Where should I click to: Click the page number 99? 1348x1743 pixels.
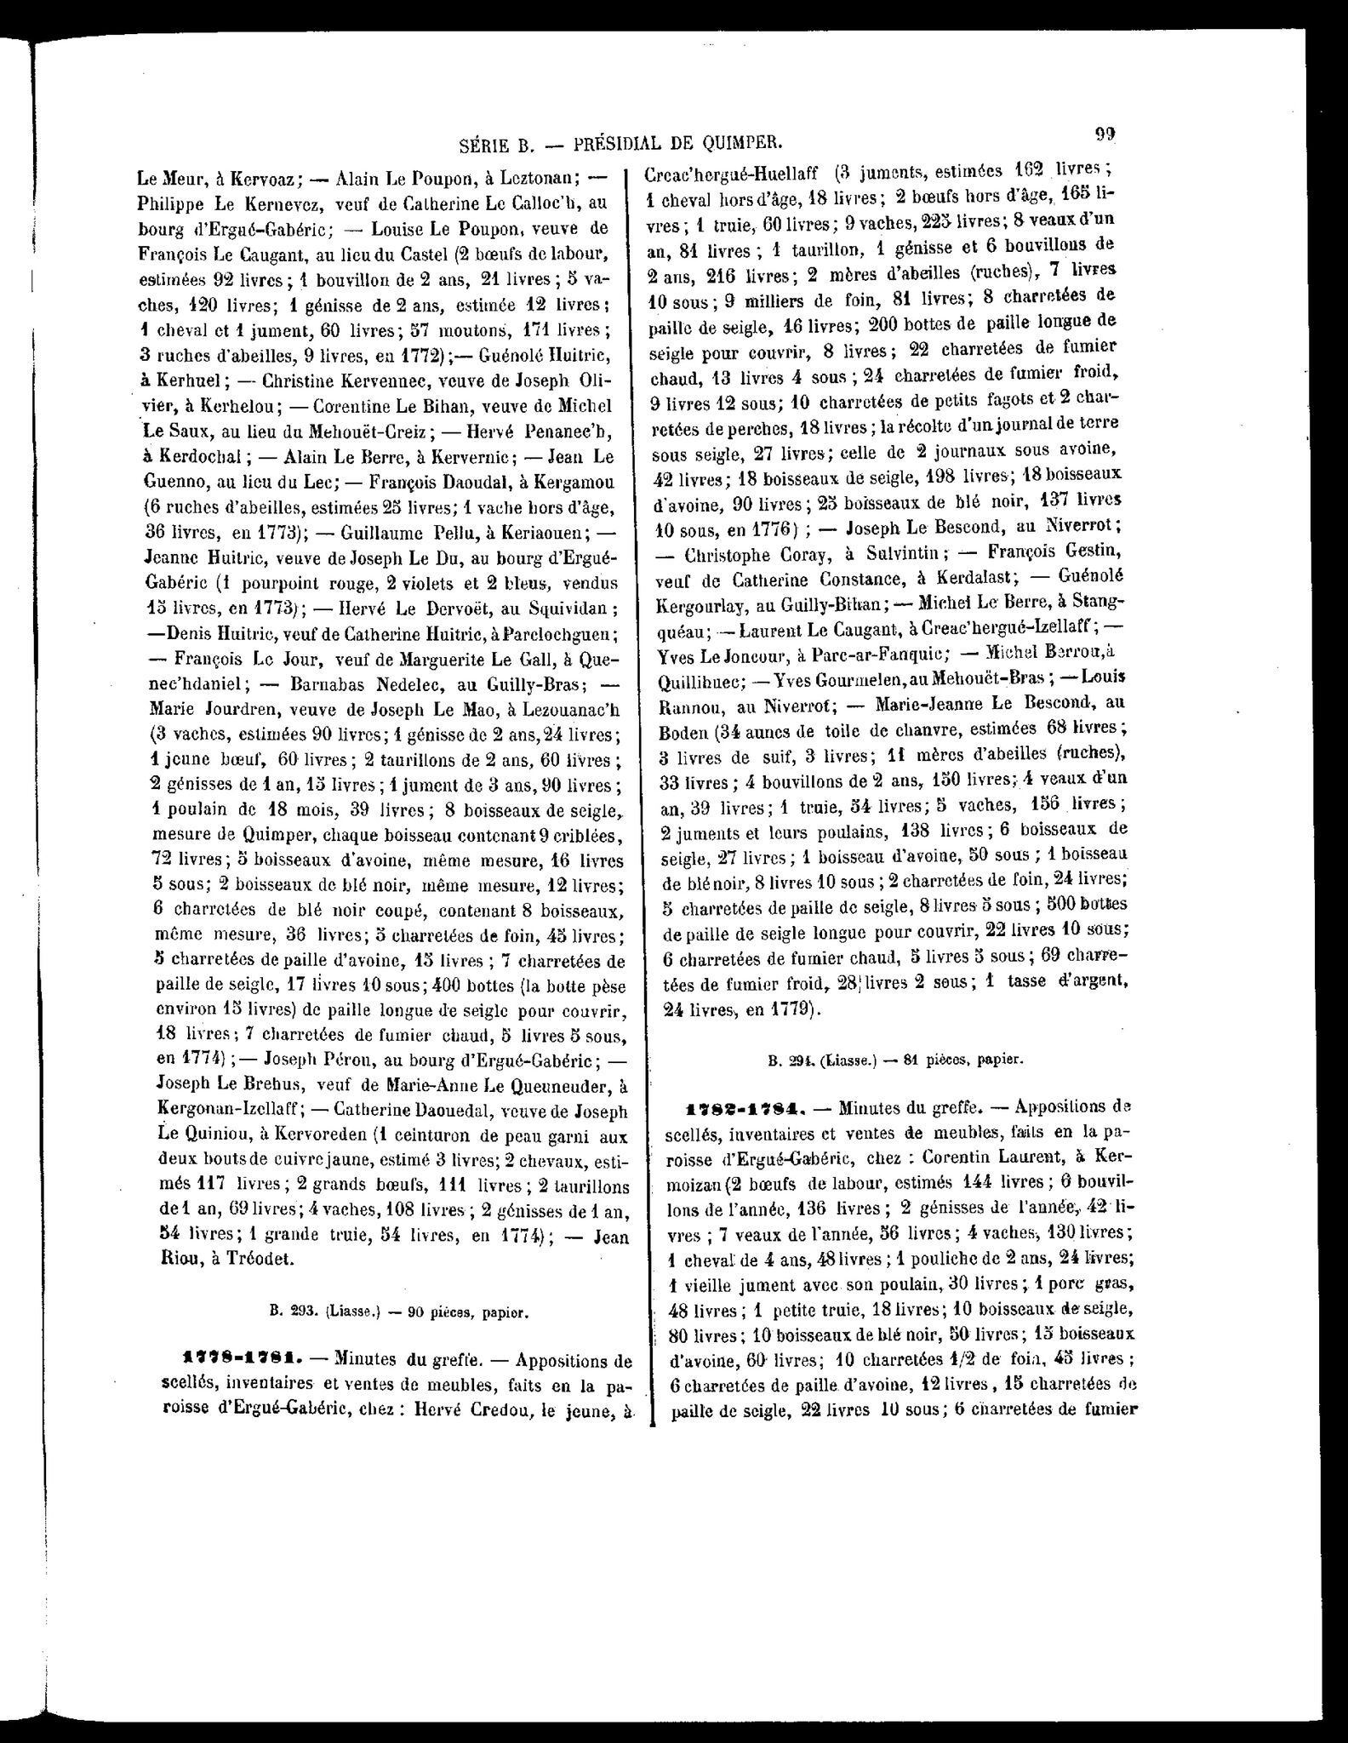point(1105,134)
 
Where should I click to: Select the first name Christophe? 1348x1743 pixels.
point(734,553)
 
